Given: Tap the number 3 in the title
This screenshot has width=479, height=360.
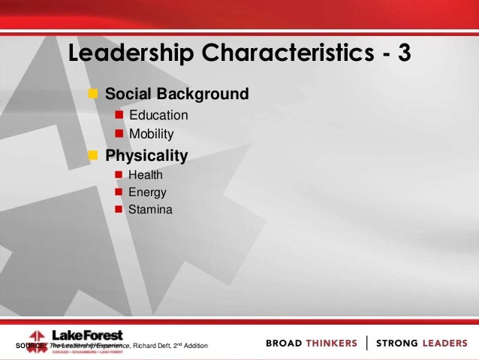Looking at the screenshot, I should tap(402, 54).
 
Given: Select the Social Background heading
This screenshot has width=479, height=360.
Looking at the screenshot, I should tap(176, 95).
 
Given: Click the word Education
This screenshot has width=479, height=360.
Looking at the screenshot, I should tap(158, 116).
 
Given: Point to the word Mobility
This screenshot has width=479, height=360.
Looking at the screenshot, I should tap(151, 135).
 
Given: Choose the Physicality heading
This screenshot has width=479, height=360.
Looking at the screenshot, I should tap(146, 156).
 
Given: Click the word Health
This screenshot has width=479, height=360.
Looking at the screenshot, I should tap(145, 175).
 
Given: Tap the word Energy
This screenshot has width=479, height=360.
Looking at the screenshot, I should tap(147, 192).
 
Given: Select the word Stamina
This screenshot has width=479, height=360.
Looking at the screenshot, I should tap(150, 210).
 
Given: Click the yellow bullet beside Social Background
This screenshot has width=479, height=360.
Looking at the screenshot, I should tap(94, 95).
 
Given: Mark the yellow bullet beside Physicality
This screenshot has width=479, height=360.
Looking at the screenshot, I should tap(94, 156).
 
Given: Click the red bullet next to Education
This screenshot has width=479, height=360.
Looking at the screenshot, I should tap(118, 116).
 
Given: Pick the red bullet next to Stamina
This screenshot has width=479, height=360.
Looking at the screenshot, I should tap(118, 210).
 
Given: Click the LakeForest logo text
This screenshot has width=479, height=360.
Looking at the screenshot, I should tap(86, 335).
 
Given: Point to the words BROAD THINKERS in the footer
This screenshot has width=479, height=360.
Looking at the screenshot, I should tap(312, 343).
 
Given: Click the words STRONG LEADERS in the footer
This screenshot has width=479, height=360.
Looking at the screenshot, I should tap(421, 343).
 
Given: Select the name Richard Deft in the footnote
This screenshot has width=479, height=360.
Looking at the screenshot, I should tap(152, 346).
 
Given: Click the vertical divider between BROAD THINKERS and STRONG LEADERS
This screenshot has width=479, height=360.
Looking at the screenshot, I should tap(366, 343).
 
